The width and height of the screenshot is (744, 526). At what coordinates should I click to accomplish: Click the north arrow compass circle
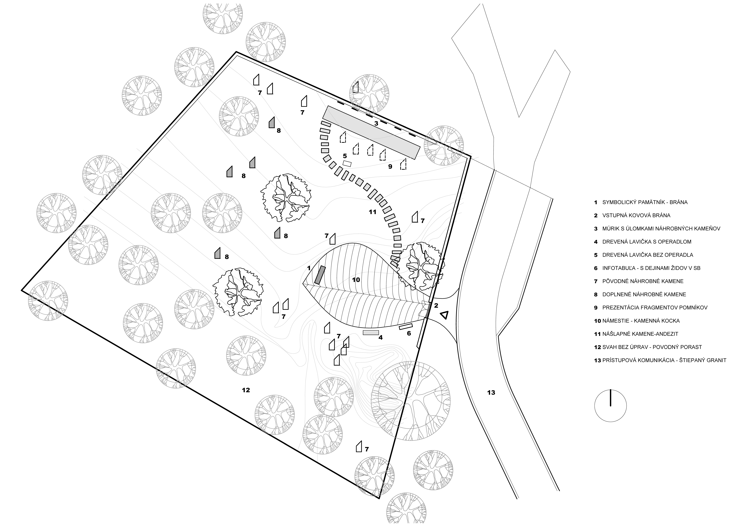click(610, 405)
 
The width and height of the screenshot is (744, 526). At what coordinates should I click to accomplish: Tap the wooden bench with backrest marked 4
click(371, 333)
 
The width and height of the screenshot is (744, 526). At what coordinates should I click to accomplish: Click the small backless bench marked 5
click(347, 164)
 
